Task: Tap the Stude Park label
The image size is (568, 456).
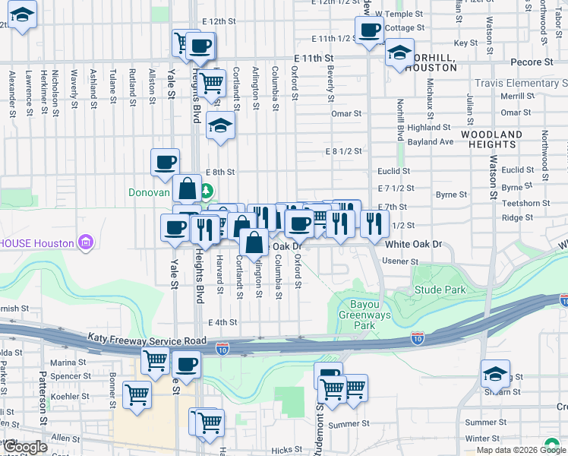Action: [440, 290]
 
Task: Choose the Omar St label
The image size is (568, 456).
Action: [346, 113]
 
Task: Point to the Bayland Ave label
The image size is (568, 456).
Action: [430, 141]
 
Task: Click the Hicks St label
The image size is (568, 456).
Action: [286, 450]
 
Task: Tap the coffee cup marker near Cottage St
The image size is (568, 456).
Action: [370, 30]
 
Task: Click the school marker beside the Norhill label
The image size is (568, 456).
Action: [399, 53]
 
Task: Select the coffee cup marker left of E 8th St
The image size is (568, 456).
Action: [165, 162]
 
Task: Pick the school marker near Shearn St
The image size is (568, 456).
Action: [495, 373]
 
